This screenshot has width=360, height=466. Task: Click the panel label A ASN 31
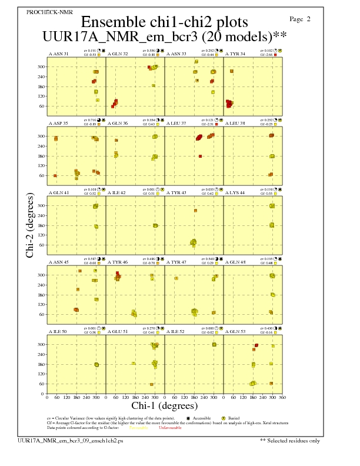pyautogui.click(x=58, y=54)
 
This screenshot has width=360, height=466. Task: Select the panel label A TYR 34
pyautogui.click(x=235, y=54)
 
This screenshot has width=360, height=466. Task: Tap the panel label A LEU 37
pyautogui.click(x=176, y=123)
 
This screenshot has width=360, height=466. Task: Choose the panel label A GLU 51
pyautogui.click(x=118, y=331)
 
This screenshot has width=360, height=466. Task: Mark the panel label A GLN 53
pyautogui.click(x=235, y=331)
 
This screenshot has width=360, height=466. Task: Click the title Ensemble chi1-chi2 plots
pyautogui.click(x=164, y=22)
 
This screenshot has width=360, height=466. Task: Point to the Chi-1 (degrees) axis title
pyautogui.click(x=164, y=405)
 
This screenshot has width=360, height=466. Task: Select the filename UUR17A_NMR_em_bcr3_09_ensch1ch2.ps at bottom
pyautogui.click(x=71, y=440)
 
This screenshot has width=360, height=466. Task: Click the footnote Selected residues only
pyautogui.click(x=291, y=440)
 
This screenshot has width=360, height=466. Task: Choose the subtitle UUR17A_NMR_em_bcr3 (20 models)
pyautogui.click(x=164, y=36)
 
